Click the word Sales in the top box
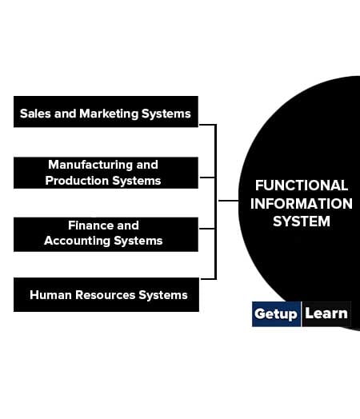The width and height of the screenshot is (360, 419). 35,114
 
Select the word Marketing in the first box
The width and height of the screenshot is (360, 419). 109,114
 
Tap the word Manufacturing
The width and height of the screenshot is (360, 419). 90,166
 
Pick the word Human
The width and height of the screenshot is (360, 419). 50,295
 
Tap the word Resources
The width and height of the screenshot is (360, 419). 106,295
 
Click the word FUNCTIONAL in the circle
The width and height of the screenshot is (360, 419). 302,186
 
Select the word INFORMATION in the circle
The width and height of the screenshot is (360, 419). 302,204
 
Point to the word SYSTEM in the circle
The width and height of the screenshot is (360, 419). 302,221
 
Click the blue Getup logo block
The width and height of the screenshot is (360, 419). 276,314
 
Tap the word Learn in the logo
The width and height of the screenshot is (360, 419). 326,313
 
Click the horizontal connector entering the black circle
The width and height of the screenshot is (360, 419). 229,201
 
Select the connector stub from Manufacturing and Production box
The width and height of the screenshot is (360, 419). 207,178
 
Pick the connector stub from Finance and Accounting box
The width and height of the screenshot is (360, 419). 207,229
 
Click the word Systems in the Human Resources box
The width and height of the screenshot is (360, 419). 163,296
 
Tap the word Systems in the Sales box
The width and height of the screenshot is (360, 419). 166,114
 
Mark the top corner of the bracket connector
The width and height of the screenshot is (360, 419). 216,125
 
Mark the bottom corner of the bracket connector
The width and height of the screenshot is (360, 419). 216,279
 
